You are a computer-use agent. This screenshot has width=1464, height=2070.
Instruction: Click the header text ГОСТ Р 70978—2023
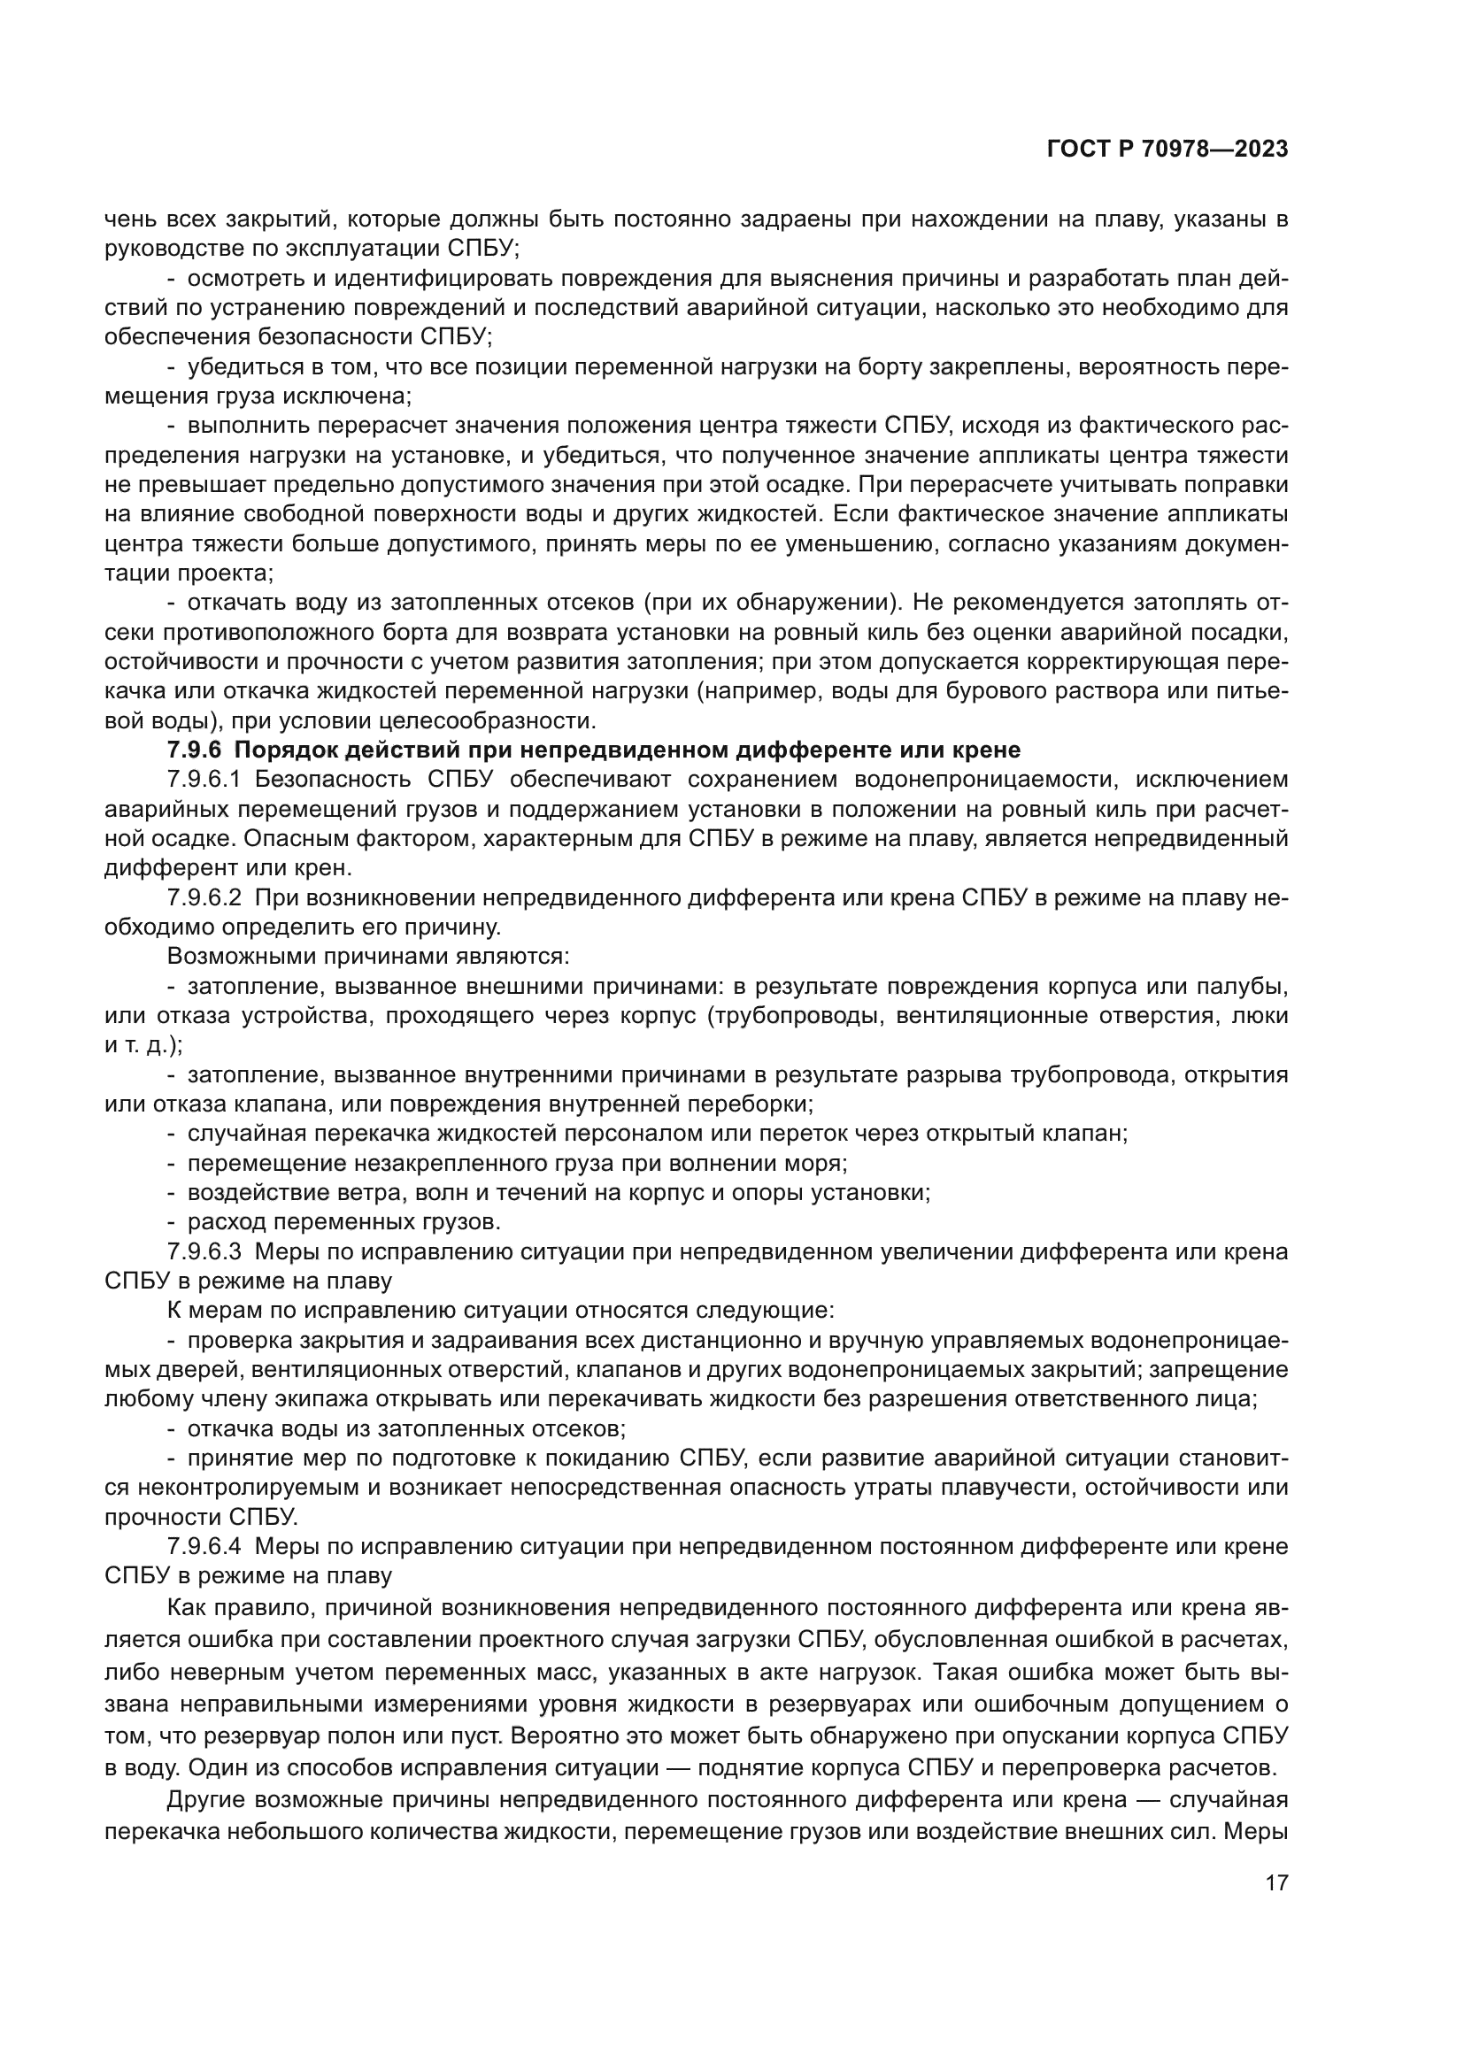click(1167, 150)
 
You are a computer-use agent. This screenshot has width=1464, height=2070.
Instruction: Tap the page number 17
click(1276, 1882)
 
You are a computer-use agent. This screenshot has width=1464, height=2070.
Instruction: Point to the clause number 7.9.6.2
click(203, 898)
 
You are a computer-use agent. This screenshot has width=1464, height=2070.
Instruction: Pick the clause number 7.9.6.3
click(203, 1251)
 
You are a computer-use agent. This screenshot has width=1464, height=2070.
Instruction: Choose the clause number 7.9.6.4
click(203, 1546)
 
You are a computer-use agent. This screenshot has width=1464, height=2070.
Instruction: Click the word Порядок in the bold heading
click(283, 750)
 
